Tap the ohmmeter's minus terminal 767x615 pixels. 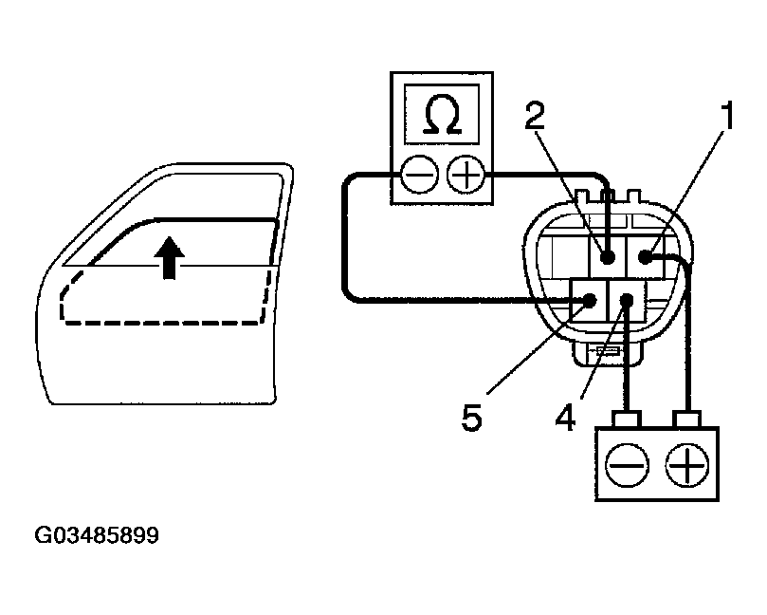tap(419, 176)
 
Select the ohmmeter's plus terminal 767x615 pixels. tap(464, 176)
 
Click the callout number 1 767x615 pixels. tap(726, 116)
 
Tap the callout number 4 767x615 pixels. tap(565, 418)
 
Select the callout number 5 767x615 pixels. tap(471, 418)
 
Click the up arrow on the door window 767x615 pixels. tap(170, 256)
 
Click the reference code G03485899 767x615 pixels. tap(97, 535)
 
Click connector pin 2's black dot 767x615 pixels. tap(607, 256)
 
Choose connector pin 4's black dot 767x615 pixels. tap(626, 301)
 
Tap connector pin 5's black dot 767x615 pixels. tap(590, 301)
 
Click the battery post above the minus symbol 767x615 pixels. tap(626, 418)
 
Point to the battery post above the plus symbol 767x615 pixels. tap(687, 418)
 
